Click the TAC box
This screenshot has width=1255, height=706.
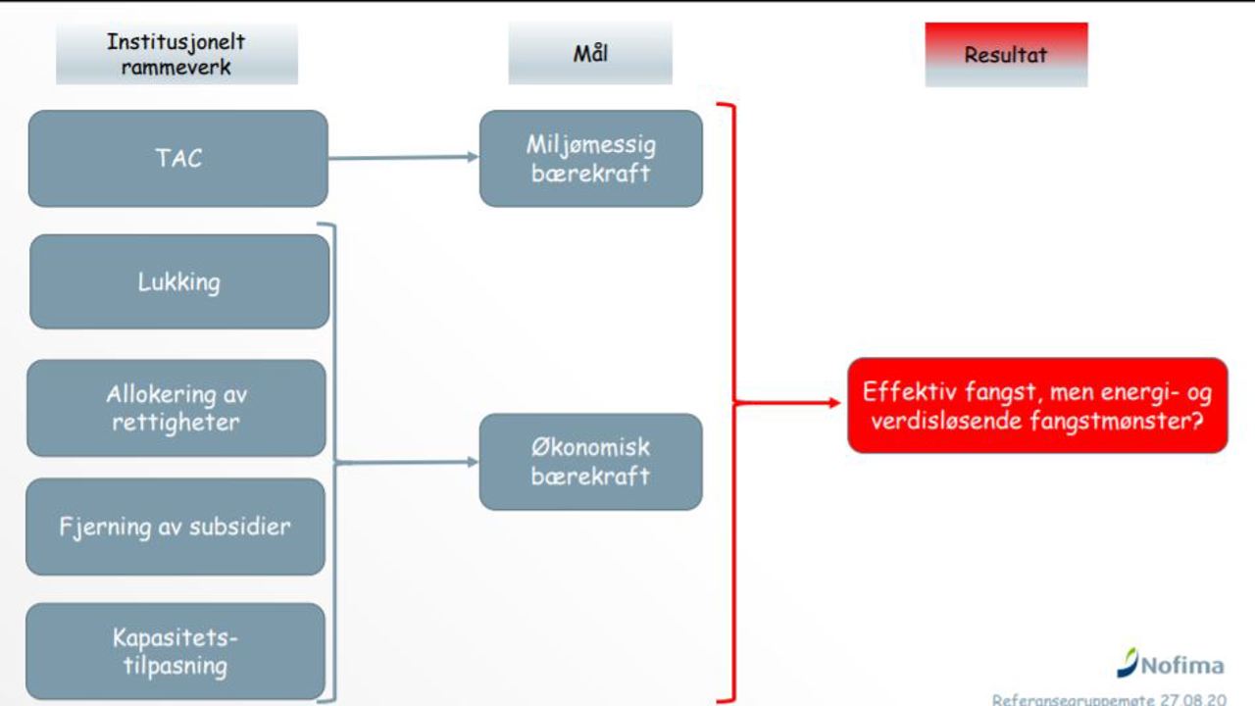click(x=177, y=158)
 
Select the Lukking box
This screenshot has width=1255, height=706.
click(x=179, y=281)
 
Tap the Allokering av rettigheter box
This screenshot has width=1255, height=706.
click(x=176, y=408)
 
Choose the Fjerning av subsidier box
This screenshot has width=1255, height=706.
click(x=176, y=527)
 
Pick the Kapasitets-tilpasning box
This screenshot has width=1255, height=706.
click(x=176, y=651)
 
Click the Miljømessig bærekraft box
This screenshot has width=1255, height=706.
click(x=590, y=158)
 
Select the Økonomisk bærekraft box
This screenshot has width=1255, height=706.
click(x=590, y=462)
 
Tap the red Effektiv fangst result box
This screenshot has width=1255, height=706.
click(x=1037, y=406)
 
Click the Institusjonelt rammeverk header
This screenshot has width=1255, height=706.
click(x=176, y=55)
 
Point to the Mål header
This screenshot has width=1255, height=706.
click(x=590, y=53)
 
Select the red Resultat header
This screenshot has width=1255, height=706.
click(x=1006, y=55)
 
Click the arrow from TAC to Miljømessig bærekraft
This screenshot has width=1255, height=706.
click(x=403, y=157)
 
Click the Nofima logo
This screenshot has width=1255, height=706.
click(x=1171, y=665)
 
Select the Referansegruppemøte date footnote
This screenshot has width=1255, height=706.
click(x=1108, y=699)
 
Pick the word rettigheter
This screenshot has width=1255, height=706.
click(x=176, y=423)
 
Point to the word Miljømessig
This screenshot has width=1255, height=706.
click(x=590, y=144)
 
